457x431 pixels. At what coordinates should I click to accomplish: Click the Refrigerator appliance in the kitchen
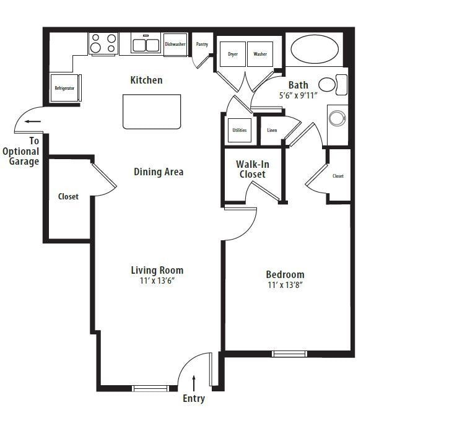[x=64, y=89]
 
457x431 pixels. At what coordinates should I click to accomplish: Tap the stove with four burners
[x=103, y=43]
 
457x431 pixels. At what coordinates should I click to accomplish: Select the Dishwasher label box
[x=175, y=45]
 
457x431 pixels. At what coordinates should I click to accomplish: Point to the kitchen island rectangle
[x=152, y=111]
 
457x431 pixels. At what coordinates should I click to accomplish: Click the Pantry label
[x=202, y=45]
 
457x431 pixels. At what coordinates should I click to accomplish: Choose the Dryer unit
[x=233, y=54]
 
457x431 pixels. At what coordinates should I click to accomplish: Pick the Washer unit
[x=260, y=54]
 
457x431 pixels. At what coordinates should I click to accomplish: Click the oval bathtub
[x=315, y=50]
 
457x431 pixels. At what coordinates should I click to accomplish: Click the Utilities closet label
[x=239, y=130]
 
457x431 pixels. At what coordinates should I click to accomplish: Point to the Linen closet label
[x=272, y=130]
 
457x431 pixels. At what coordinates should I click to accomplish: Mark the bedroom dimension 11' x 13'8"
[x=285, y=285]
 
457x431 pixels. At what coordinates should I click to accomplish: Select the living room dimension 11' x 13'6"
[x=157, y=281]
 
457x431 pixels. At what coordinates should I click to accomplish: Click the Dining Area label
[x=159, y=172]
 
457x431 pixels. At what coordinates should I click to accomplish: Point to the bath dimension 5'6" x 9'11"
[x=298, y=96]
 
